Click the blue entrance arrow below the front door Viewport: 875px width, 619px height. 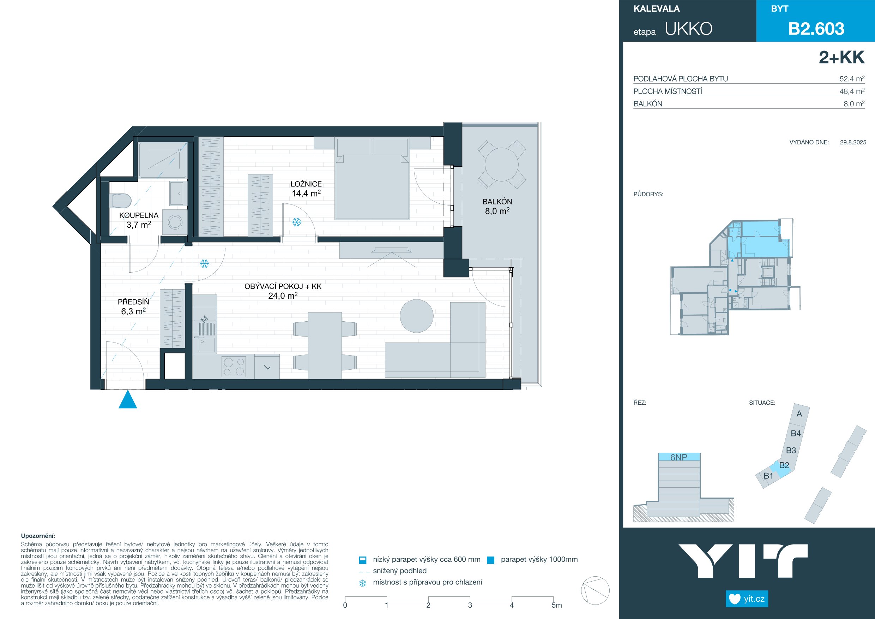click(128, 400)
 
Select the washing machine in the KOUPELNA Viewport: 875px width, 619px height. click(175, 222)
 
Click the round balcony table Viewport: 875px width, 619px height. click(501, 165)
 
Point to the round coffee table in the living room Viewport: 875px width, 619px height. click(417, 316)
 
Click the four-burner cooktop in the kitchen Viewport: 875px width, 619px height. click(234, 367)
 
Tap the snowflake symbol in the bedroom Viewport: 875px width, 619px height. click(296, 222)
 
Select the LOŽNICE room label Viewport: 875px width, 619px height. click(306, 184)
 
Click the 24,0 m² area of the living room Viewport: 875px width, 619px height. click(283, 296)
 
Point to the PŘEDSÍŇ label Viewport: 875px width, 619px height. click(133, 302)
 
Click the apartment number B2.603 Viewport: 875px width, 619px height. click(816, 29)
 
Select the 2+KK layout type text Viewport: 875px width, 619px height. click(841, 57)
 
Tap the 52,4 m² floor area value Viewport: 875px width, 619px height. click(852, 79)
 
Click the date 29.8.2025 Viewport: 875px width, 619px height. click(853, 142)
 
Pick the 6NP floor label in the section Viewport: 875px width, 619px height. click(679, 457)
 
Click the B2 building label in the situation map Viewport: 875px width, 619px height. click(784, 465)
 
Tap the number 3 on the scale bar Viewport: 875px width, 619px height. click(470, 605)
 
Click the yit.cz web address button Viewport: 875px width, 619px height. click(747, 599)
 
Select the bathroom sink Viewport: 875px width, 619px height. click(178, 194)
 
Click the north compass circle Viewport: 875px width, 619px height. click(595, 590)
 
